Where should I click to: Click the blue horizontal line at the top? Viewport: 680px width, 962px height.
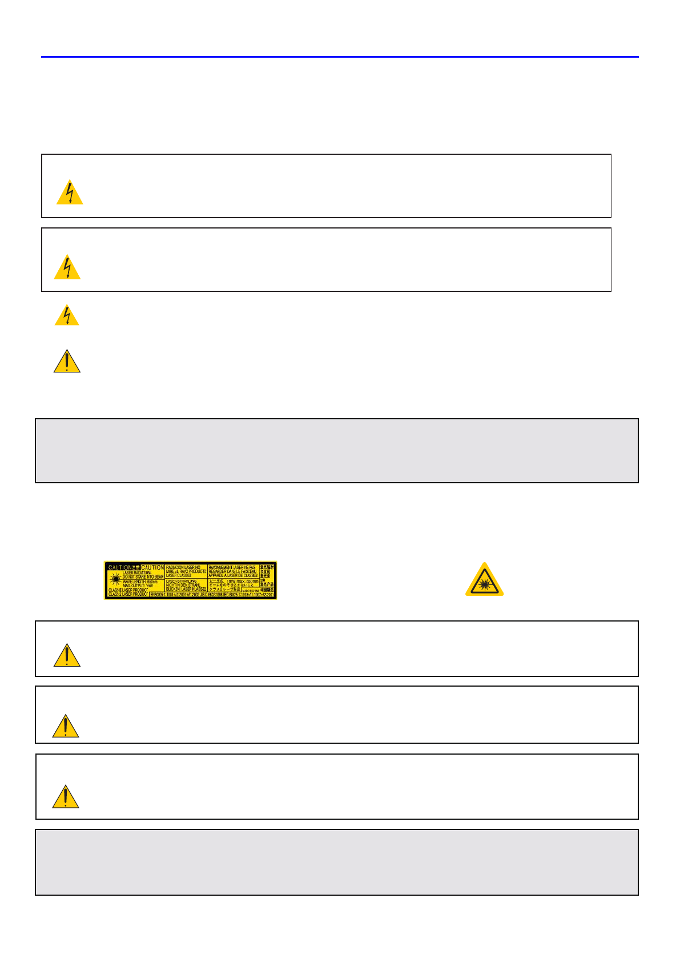coord(340,57)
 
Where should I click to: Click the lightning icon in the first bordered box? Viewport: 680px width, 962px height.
coord(70,193)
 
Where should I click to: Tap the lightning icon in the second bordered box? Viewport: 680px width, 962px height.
coord(67,267)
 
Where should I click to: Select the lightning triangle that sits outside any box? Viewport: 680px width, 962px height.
coord(67,315)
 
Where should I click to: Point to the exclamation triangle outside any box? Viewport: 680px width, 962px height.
coord(67,362)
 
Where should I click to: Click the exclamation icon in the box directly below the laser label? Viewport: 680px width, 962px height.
coord(67,656)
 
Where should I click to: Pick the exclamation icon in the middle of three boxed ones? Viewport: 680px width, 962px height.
coord(66,726)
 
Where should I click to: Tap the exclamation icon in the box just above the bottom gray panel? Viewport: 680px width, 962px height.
coord(66,797)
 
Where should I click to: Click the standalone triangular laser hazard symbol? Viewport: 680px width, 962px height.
coord(484,580)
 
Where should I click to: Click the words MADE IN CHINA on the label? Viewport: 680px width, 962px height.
coord(251,591)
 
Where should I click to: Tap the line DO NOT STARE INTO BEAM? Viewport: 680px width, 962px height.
coord(143,577)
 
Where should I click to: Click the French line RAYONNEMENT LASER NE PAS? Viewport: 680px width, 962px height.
coord(232,567)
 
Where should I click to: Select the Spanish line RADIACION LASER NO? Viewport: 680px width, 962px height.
coord(183,567)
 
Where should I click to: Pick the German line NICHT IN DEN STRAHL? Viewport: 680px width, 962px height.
coord(183,585)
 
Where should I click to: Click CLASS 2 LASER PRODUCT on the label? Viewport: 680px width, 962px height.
coord(128,595)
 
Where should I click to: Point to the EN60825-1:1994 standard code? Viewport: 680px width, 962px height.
coord(167,595)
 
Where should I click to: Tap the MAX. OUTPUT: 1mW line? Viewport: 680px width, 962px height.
coord(138,586)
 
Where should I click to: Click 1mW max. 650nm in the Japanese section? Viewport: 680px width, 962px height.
coord(243,582)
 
